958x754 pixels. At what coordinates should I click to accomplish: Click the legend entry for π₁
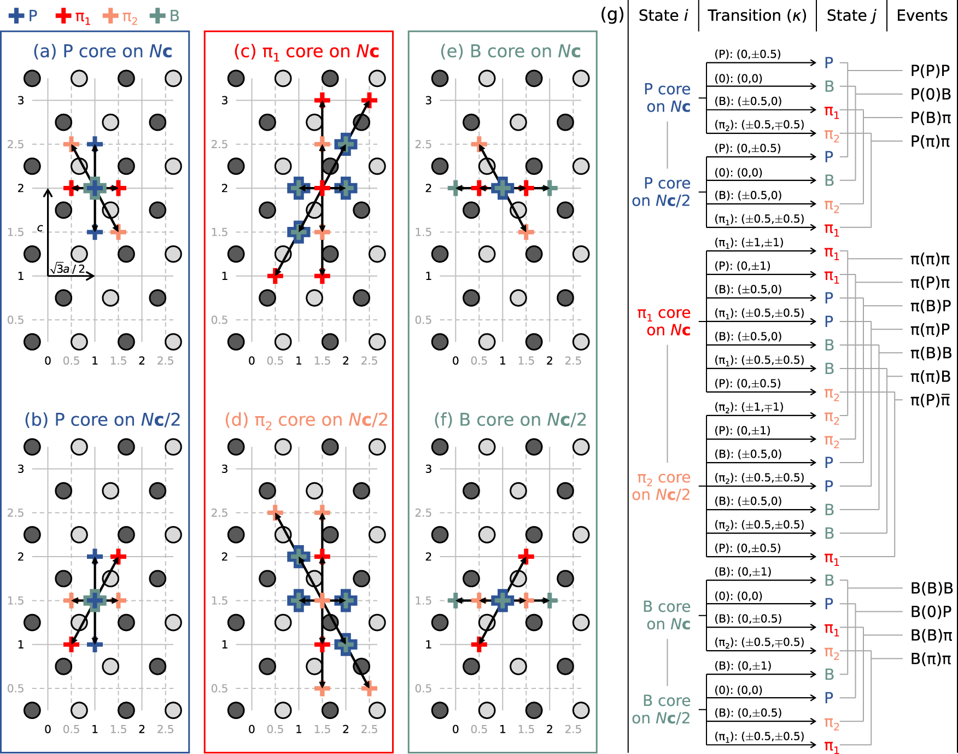tap(73, 16)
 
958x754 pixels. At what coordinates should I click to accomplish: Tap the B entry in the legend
tap(165, 16)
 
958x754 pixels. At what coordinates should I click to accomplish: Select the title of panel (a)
tap(103, 51)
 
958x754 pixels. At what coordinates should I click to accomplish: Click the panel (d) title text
tap(306, 420)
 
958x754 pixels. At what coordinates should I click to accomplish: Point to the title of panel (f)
tap(510, 420)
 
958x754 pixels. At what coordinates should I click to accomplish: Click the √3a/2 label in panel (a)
tap(68, 268)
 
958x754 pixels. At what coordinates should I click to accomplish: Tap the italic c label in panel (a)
tap(40, 228)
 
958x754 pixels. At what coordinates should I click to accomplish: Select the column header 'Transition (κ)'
tap(757, 16)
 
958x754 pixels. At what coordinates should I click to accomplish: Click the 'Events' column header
tap(922, 16)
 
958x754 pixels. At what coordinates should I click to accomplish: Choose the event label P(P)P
tap(930, 71)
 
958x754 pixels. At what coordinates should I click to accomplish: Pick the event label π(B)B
tap(931, 353)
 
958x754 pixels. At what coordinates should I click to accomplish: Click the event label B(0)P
tap(931, 612)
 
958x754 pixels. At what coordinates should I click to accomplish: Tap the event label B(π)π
tap(931, 659)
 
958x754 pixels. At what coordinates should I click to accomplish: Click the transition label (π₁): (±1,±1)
tap(749, 242)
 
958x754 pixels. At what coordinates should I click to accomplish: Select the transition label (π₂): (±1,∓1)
tap(749, 407)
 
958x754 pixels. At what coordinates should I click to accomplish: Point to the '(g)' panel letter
tap(612, 15)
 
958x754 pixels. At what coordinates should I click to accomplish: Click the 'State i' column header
tap(663, 16)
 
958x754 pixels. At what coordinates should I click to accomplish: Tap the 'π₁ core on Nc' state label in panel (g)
tap(664, 322)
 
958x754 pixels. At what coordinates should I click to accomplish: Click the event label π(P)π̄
tap(930, 401)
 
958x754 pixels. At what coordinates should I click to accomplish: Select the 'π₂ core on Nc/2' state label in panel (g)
tap(661, 486)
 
